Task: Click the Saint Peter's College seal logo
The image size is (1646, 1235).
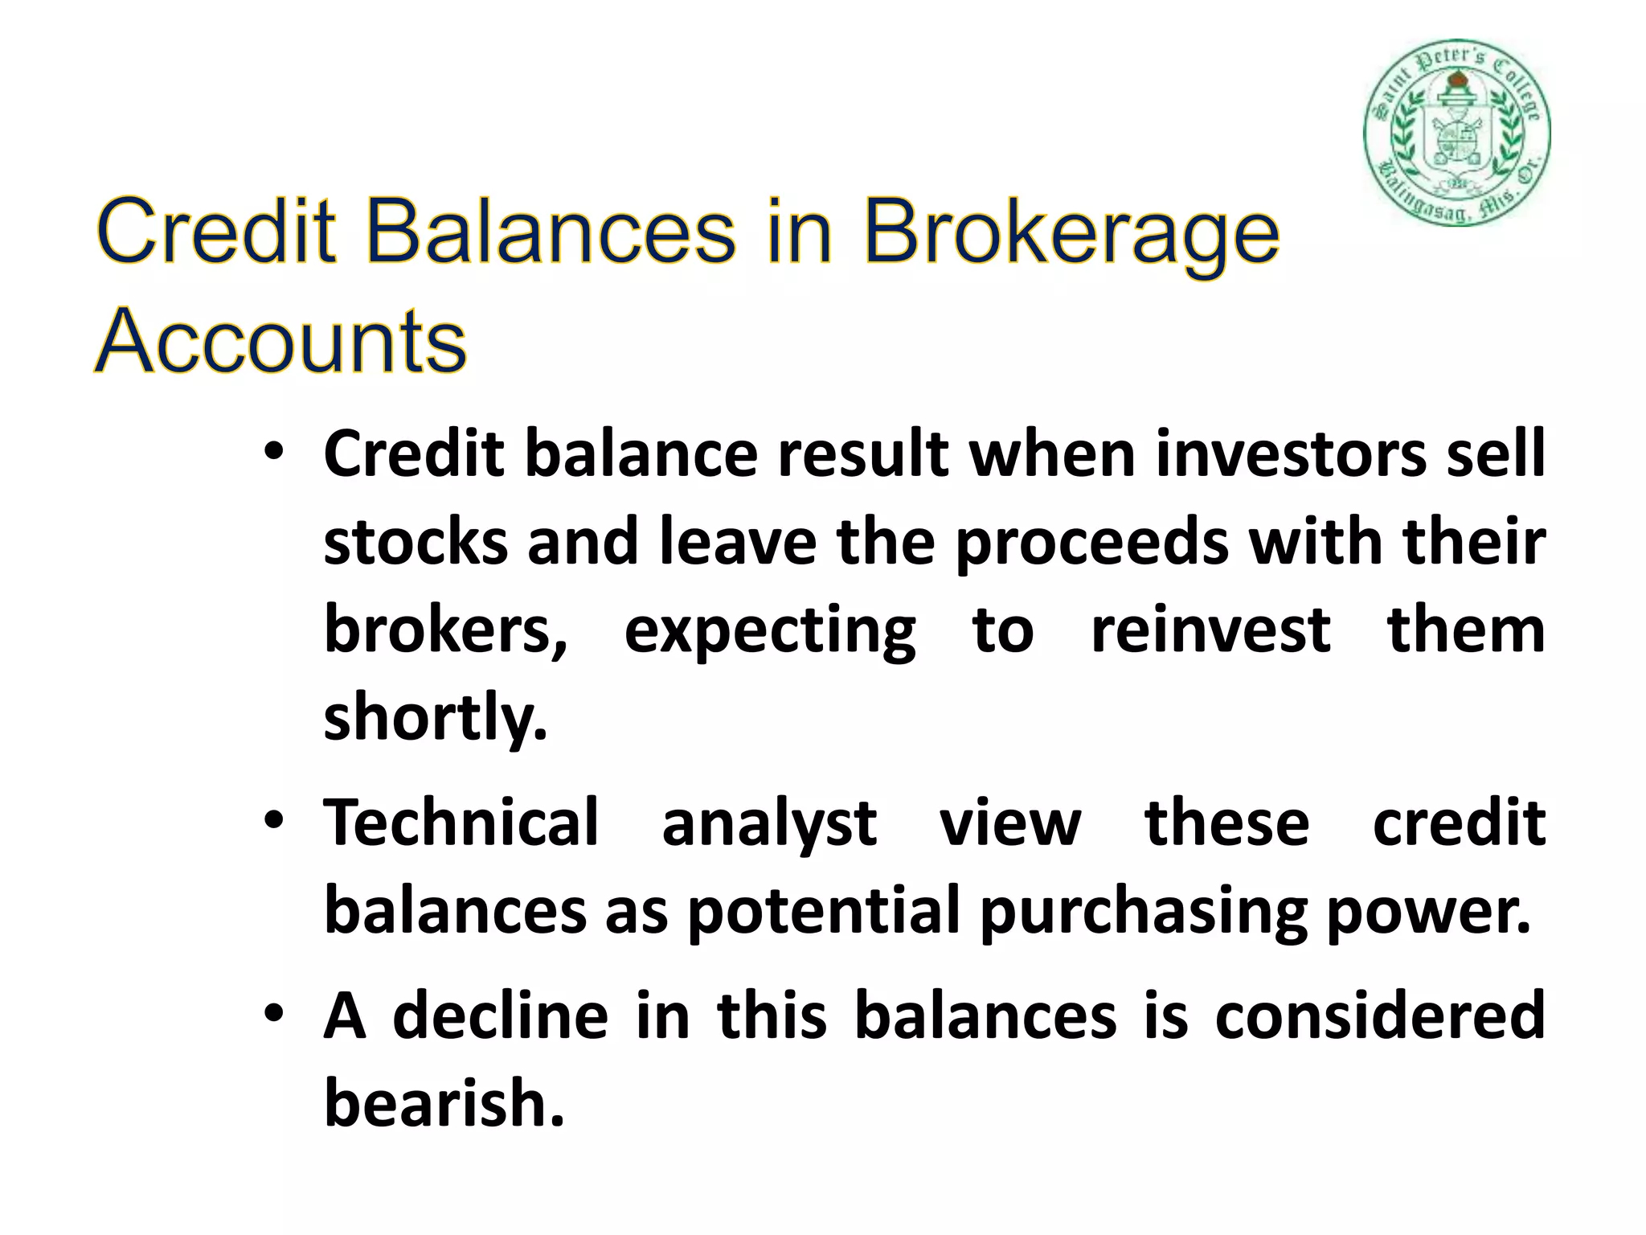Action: click(1456, 133)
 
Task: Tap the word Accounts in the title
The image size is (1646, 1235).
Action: click(280, 342)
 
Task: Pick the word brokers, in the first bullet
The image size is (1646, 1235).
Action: click(445, 630)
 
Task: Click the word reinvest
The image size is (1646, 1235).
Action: click(1210, 630)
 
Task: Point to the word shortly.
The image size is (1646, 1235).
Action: click(435, 719)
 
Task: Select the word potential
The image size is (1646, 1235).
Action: click(824, 912)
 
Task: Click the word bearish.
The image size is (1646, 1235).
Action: click(444, 1103)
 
